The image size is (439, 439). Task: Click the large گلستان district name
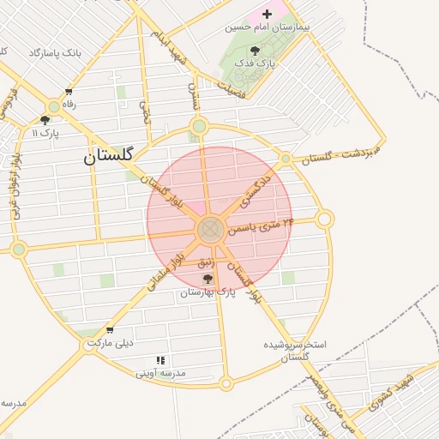click(x=108, y=156)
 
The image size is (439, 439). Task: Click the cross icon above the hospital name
click(x=267, y=14)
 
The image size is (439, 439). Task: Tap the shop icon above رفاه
click(x=69, y=92)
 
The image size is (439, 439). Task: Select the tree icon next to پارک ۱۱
click(x=45, y=120)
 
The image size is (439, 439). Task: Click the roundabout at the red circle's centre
click(x=211, y=230)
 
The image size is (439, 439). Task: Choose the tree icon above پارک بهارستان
click(x=207, y=280)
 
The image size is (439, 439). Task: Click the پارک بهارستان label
click(x=207, y=292)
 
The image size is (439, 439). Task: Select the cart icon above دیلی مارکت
click(x=109, y=330)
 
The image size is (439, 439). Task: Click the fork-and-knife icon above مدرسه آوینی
click(x=159, y=361)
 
